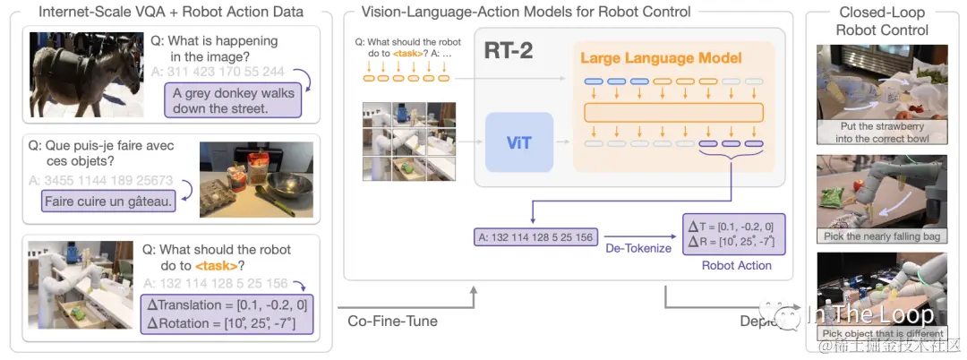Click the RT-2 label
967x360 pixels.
click(x=508, y=50)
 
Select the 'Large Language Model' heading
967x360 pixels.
click(x=661, y=58)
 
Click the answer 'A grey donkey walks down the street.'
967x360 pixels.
click(x=232, y=100)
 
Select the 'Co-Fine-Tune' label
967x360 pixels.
click(x=392, y=321)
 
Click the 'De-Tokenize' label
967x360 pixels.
click(x=638, y=247)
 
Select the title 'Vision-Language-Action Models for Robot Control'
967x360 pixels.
click(x=526, y=13)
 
